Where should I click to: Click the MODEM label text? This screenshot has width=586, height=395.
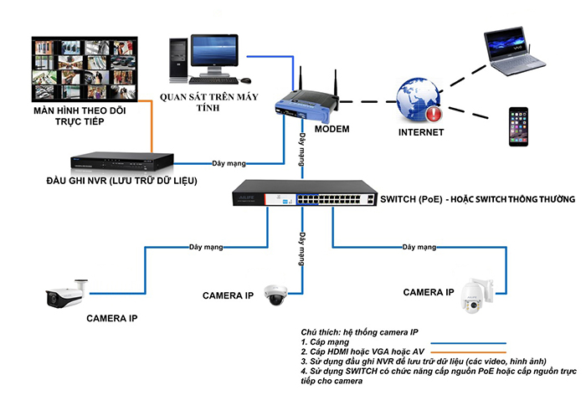332,130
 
